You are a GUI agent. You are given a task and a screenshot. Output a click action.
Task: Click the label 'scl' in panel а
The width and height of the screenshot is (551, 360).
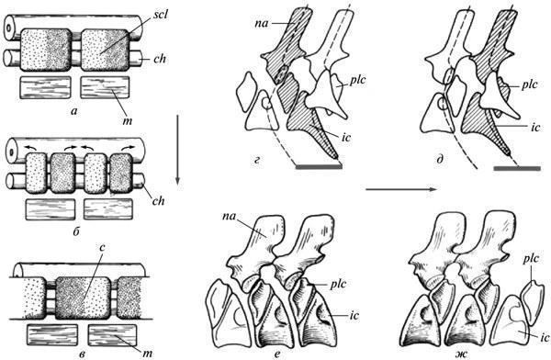pos(160,16)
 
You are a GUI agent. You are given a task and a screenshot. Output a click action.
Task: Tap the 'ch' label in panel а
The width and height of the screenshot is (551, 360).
pos(159,59)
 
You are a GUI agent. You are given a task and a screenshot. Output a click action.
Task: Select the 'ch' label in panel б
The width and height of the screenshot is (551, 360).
pos(158,201)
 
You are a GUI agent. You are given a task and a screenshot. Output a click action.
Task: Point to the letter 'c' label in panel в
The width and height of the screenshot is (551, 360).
pos(101,248)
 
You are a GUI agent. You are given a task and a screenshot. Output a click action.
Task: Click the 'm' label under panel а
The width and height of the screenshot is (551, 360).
pos(128,121)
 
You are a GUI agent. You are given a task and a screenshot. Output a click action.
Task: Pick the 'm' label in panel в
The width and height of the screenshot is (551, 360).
pos(147,353)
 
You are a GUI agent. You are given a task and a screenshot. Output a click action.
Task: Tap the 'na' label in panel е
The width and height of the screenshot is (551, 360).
pos(229,216)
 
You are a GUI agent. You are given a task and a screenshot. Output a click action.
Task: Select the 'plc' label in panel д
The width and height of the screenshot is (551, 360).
pos(530,85)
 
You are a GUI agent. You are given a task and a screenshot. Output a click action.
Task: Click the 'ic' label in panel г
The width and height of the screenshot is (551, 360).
pos(346,137)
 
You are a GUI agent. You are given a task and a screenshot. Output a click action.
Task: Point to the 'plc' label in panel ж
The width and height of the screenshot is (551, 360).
pos(531,260)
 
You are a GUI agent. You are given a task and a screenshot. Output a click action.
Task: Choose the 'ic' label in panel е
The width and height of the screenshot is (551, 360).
pos(354,316)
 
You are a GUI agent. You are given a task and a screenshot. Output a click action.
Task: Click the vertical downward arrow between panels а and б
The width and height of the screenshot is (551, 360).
pos(178,149)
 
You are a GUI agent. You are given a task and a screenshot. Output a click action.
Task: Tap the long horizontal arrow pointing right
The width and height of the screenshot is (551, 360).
pos(402,190)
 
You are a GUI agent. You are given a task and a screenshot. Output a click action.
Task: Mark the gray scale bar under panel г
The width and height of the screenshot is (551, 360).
pos(319,166)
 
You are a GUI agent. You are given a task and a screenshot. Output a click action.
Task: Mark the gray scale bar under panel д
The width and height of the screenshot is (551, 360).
pos(517,169)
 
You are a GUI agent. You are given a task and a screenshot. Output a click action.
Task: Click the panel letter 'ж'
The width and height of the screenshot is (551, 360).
pos(464,354)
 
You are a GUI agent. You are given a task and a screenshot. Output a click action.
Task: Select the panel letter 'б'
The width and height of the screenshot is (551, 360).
pos(77,231)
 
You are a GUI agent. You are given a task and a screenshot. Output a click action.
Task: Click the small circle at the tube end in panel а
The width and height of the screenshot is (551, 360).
pos(8,28)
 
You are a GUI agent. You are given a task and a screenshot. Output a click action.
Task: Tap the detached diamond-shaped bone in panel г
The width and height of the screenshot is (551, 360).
pos(246,92)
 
